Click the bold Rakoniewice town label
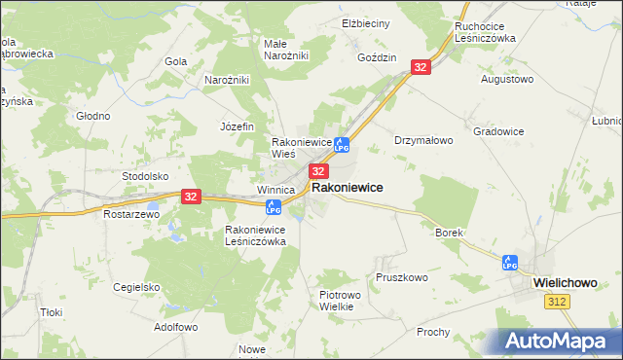click(x=347, y=187)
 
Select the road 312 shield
click(x=557, y=304)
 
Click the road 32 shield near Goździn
click(x=420, y=67)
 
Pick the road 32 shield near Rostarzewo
click(x=190, y=197)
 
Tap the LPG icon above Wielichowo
click(x=509, y=262)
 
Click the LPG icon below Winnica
click(x=274, y=206)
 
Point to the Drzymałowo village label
click(x=423, y=140)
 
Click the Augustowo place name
click(x=508, y=78)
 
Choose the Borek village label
click(x=449, y=234)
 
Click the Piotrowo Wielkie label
click(x=341, y=300)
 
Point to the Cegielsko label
click(x=136, y=287)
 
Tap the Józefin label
click(x=237, y=126)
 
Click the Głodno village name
click(x=93, y=116)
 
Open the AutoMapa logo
click(x=560, y=342)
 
